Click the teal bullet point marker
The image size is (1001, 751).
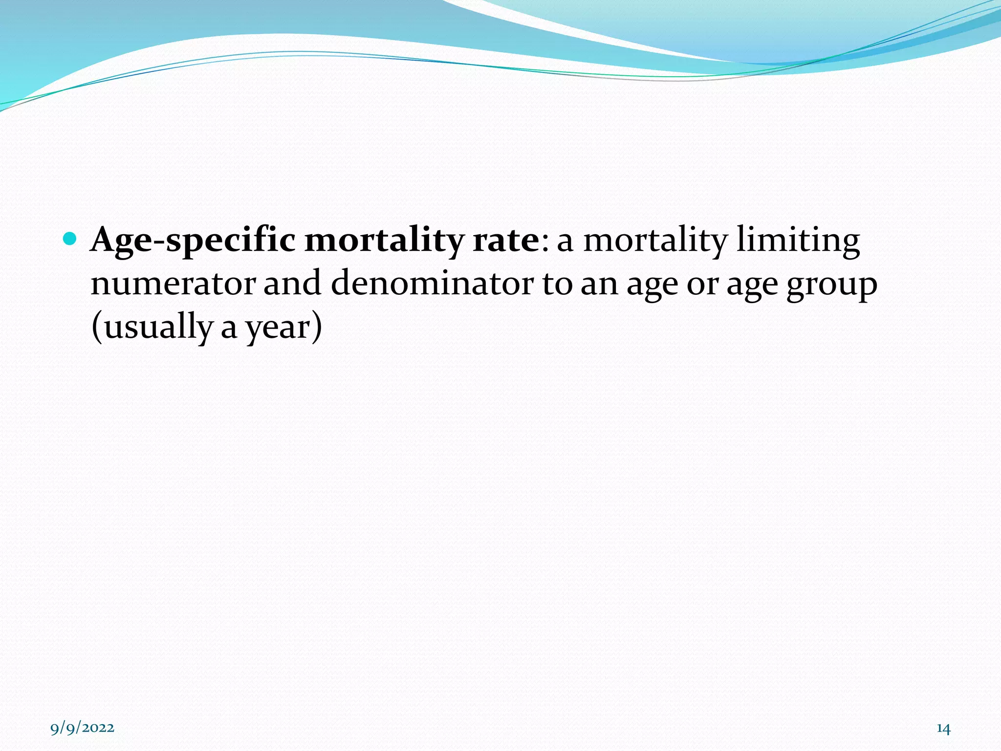point(70,239)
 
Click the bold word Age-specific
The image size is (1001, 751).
point(193,241)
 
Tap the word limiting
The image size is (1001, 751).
point(798,241)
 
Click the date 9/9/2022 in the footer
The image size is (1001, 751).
point(83,728)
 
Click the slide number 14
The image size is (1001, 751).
point(943,729)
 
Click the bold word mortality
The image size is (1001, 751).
point(384,241)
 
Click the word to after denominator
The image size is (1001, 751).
point(557,284)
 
